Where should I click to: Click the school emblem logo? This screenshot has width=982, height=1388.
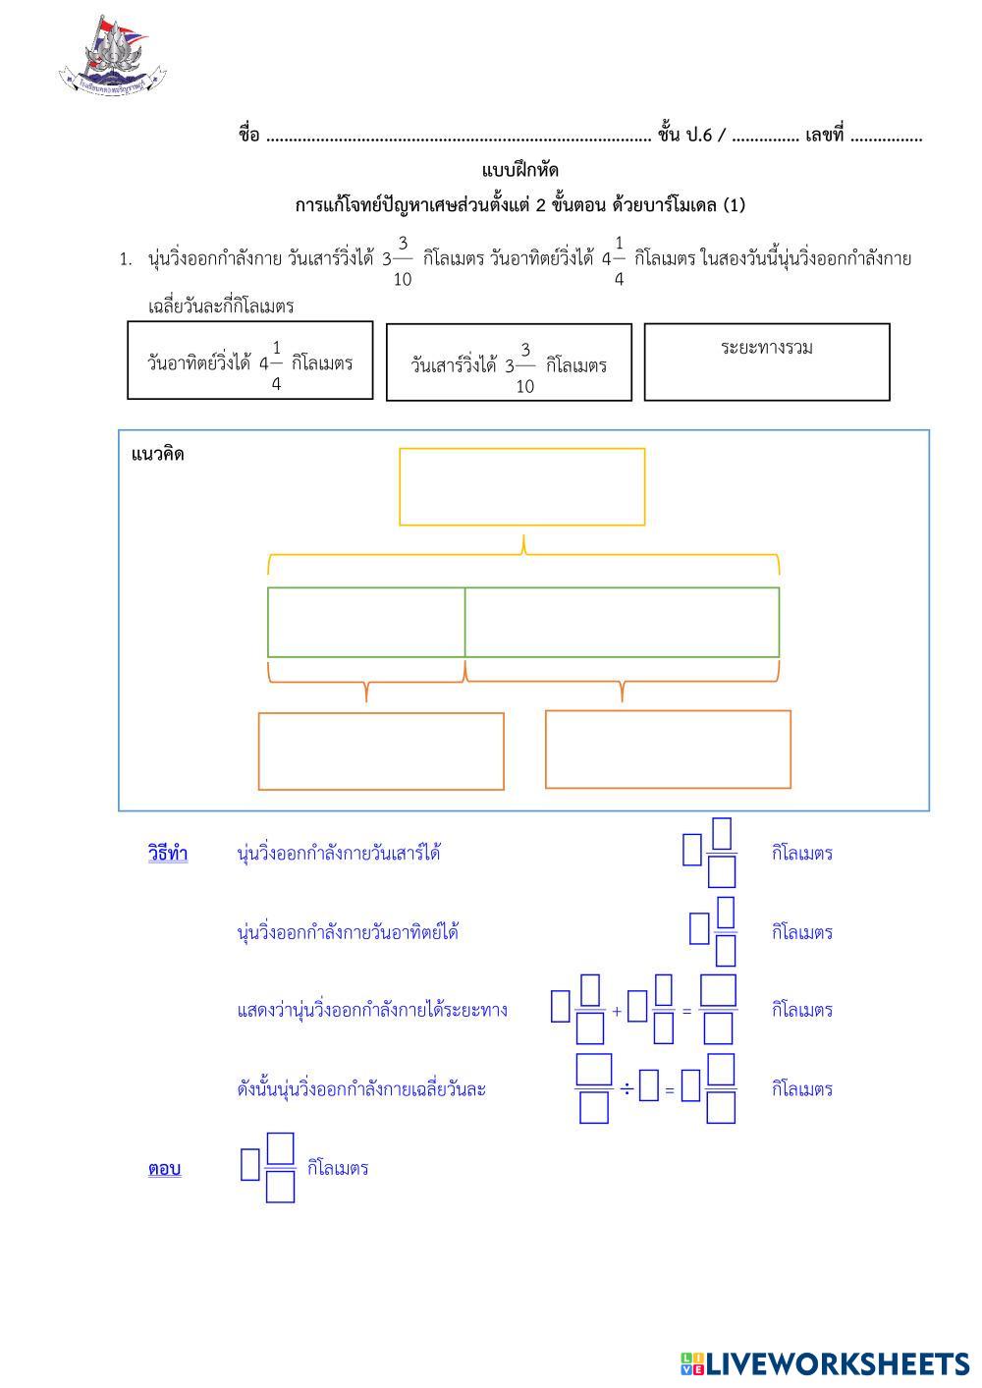pos(112,57)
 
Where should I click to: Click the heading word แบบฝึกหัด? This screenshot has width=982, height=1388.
pos(520,171)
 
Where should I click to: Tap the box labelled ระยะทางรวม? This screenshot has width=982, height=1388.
pos(766,361)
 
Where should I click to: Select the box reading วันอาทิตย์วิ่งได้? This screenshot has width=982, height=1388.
pos(249,361)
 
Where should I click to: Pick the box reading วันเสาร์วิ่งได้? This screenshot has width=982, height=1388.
pos(509,362)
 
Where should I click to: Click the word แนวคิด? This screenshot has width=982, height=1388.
pos(157,454)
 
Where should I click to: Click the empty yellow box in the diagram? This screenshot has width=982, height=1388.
pos(521,486)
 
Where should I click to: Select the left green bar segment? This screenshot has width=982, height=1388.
pos(366,622)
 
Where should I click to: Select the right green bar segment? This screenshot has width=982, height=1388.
pos(622,622)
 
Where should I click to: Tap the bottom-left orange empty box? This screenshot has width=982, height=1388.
pos(381,751)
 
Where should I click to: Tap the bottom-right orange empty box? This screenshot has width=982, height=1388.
pos(668,749)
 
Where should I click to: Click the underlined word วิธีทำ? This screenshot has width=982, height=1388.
pos(168,853)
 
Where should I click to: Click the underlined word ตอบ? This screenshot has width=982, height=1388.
pos(164,1169)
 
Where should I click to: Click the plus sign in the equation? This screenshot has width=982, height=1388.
pos(617,1011)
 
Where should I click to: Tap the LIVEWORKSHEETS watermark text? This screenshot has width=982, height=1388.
pos(825,1363)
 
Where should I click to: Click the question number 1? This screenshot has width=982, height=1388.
pos(125,260)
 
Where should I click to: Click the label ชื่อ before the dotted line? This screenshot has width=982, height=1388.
pos(248,136)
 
